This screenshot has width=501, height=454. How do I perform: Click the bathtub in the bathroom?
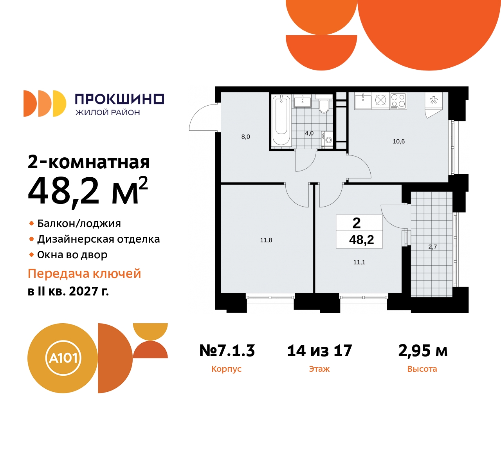(281, 120)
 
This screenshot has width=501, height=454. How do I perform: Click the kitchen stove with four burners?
(398, 101)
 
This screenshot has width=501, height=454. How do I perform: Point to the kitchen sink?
(363, 101)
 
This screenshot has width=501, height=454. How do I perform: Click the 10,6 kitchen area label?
(398, 141)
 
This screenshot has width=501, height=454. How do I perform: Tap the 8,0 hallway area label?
(245, 137)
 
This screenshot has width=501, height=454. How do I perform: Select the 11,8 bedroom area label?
(266, 240)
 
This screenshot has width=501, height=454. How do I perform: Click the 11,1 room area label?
(359, 262)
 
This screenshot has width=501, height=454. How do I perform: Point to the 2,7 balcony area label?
(433, 247)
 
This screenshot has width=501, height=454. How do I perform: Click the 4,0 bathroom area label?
(309, 133)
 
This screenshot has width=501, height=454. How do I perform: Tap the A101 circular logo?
(63, 358)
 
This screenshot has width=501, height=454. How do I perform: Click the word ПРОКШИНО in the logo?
(119, 99)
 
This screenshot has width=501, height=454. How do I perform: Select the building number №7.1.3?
(227, 351)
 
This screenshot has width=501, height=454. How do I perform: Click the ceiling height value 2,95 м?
(423, 351)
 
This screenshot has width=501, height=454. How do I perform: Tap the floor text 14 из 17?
(319, 351)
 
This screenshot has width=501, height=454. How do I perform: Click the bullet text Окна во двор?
(72, 255)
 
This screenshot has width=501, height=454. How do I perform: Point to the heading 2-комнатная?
(89, 162)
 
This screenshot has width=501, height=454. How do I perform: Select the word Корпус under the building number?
(226, 369)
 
